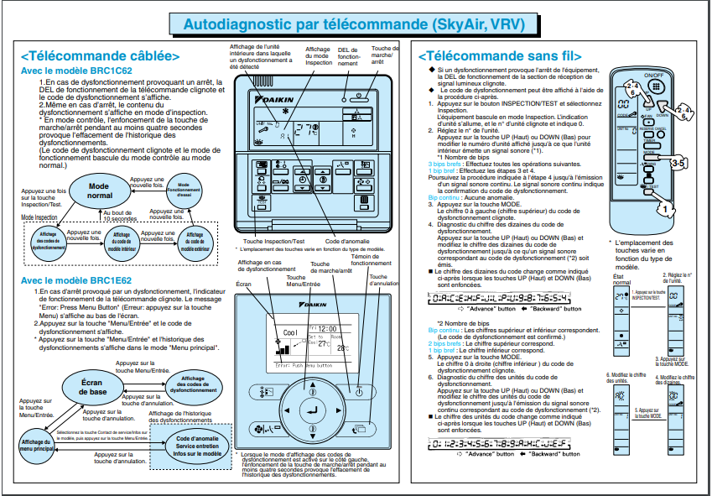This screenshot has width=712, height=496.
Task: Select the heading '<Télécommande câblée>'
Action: [x=101, y=56]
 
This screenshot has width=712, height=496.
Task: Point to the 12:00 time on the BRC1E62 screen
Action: [x=326, y=329]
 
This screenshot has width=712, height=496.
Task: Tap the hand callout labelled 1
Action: [x=685, y=202]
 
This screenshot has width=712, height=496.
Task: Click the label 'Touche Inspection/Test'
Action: [x=270, y=241]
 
